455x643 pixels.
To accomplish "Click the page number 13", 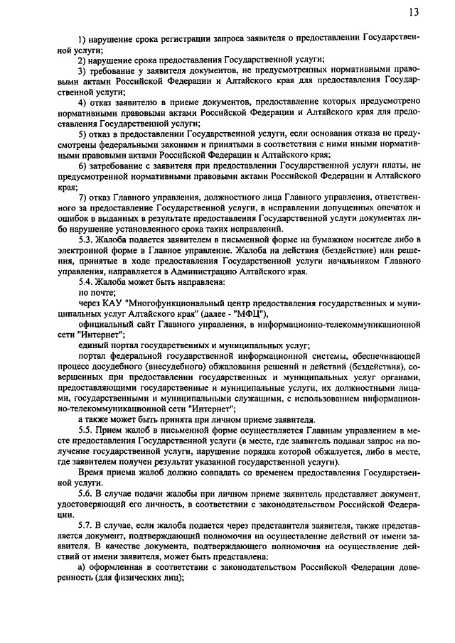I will pos(414,12).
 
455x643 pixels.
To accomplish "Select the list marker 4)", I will pos(82,104).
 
